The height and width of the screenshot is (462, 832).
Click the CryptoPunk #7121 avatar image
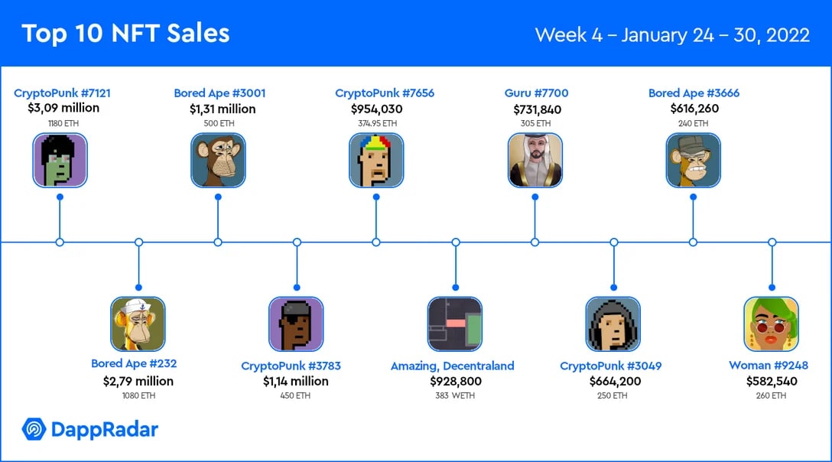tap(60, 161)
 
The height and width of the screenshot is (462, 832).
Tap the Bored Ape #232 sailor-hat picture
tap(138, 324)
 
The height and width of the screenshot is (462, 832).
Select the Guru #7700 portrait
tap(535, 161)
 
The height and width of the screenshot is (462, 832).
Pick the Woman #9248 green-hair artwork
tap(772, 324)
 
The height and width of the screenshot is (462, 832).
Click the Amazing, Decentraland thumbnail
tap(455, 324)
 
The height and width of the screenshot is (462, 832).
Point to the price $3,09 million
tap(63, 108)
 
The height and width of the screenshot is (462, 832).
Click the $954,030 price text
tap(377, 109)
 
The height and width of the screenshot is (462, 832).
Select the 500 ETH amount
tap(219, 123)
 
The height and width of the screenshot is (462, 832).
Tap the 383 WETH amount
tap(455, 395)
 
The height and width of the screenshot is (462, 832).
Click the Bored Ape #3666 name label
tap(694, 93)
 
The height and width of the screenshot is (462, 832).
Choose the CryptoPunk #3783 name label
tap(291, 366)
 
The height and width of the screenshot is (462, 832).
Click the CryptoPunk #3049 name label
tap(611, 366)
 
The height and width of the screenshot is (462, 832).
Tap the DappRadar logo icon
tap(34, 429)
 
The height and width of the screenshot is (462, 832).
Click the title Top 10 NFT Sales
tap(125, 34)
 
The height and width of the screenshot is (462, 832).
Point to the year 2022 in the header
tap(788, 35)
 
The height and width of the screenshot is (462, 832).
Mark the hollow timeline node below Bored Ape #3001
tap(218, 242)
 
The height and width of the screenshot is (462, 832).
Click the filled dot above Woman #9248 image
tap(772, 288)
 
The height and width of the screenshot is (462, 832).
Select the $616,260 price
tap(694, 109)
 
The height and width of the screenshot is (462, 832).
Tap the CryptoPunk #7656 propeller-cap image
tap(376, 161)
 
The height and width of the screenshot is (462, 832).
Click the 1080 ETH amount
tap(138, 395)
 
